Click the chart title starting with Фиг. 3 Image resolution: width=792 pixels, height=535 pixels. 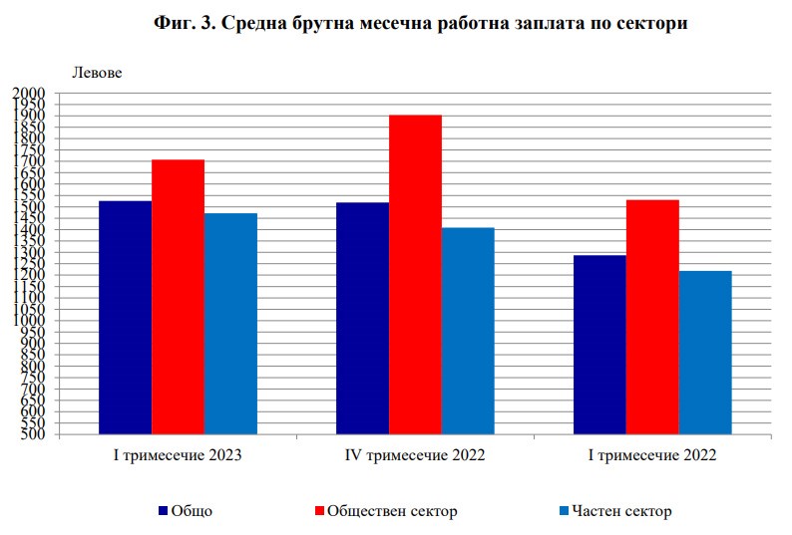[421, 24]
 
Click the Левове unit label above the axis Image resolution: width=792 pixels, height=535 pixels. [95, 72]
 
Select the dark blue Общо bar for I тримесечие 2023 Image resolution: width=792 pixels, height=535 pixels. [125, 317]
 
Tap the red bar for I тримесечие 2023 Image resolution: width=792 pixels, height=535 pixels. [178, 297]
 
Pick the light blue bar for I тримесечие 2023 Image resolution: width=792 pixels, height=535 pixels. [230, 324]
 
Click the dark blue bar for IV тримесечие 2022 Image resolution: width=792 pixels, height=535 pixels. [362, 318]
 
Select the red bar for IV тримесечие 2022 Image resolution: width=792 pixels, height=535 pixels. [415, 274]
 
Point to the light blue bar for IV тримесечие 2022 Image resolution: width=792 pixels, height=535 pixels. [468, 331]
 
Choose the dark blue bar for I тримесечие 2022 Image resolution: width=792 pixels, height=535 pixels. [599, 345]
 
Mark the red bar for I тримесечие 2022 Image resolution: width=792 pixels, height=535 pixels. [652, 317]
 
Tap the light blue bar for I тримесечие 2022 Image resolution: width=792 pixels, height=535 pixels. [705, 352]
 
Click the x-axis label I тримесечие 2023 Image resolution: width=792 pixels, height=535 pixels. [178, 456]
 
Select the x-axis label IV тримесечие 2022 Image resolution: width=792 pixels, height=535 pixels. [415, 456]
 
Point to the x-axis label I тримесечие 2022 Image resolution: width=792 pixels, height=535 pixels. [652, 456]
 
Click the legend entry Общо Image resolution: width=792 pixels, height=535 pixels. [192, 511]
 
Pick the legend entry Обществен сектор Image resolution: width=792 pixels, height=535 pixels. [392, 511]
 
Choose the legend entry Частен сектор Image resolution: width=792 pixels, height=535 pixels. [621, 511]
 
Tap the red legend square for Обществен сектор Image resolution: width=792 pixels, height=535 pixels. [319, 511]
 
